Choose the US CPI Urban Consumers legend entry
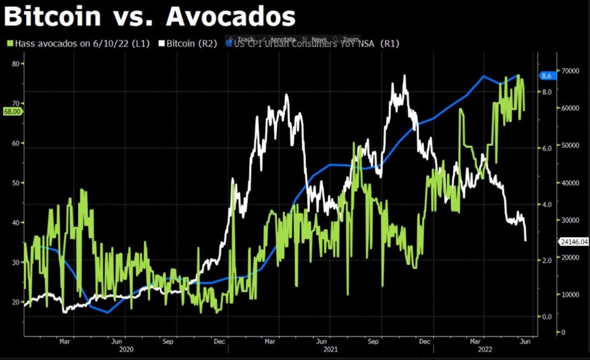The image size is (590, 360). (x=313, y=44)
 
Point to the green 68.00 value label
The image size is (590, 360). (x=13, y=112)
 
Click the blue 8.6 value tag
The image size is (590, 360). (x=547, y=76)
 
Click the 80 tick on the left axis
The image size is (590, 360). (x=15, y=64)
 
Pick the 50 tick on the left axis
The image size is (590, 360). (x=15, y=183)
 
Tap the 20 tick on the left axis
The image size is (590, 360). (x=15, y=302)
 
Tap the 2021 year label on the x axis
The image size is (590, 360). (x=330, y=349)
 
